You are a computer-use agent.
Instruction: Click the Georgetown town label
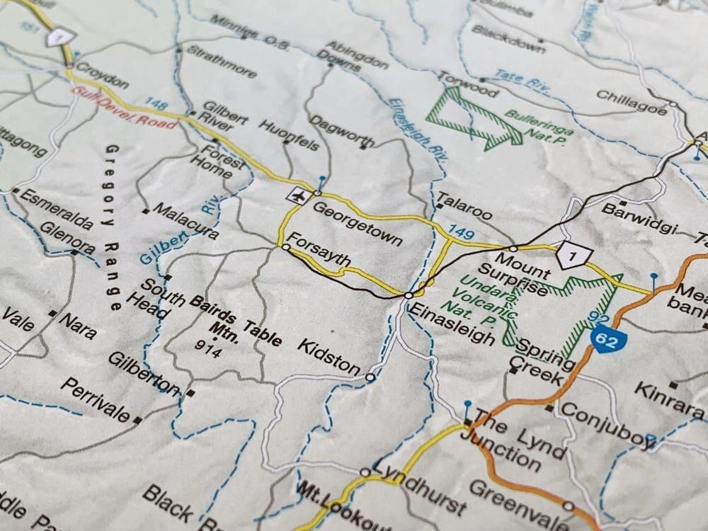tap(358, 222)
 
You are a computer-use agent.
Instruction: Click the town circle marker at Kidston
tap(370, 378)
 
